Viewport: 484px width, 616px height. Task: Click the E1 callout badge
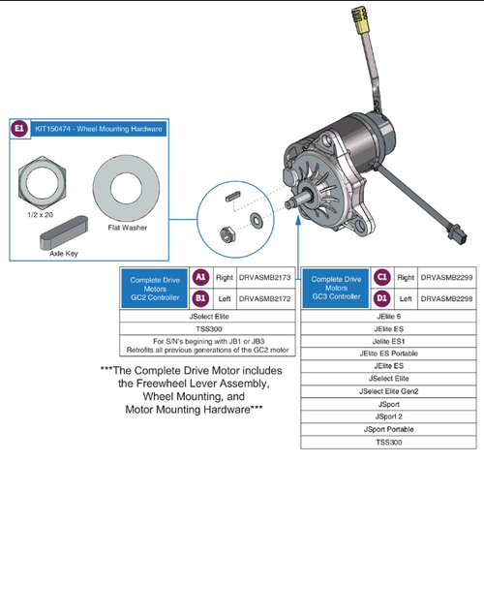pos(19,128)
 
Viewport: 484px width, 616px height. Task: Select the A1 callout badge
pos(199,278)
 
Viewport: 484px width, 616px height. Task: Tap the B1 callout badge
pos(199,298)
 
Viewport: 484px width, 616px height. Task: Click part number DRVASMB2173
pos(265,278)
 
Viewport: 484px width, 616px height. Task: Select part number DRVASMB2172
pos(265,298)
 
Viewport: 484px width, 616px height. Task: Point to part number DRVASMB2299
pos(446,278)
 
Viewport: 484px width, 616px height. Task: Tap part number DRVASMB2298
pos(446,298)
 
